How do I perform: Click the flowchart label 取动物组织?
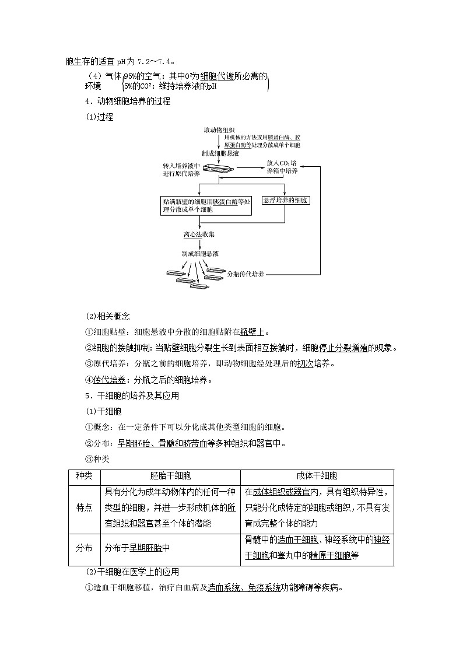point(219,129)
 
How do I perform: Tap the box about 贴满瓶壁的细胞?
point(206,205)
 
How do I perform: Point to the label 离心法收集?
point(199,234)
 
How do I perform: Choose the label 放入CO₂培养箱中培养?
point(282,167)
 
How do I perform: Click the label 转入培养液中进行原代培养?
point(182,170)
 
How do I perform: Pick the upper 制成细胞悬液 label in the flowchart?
point(219,153)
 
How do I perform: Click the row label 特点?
point(85,508)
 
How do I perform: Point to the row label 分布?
point(85,548)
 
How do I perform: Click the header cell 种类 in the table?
point(85,477)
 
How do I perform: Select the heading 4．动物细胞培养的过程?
point(128,101)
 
